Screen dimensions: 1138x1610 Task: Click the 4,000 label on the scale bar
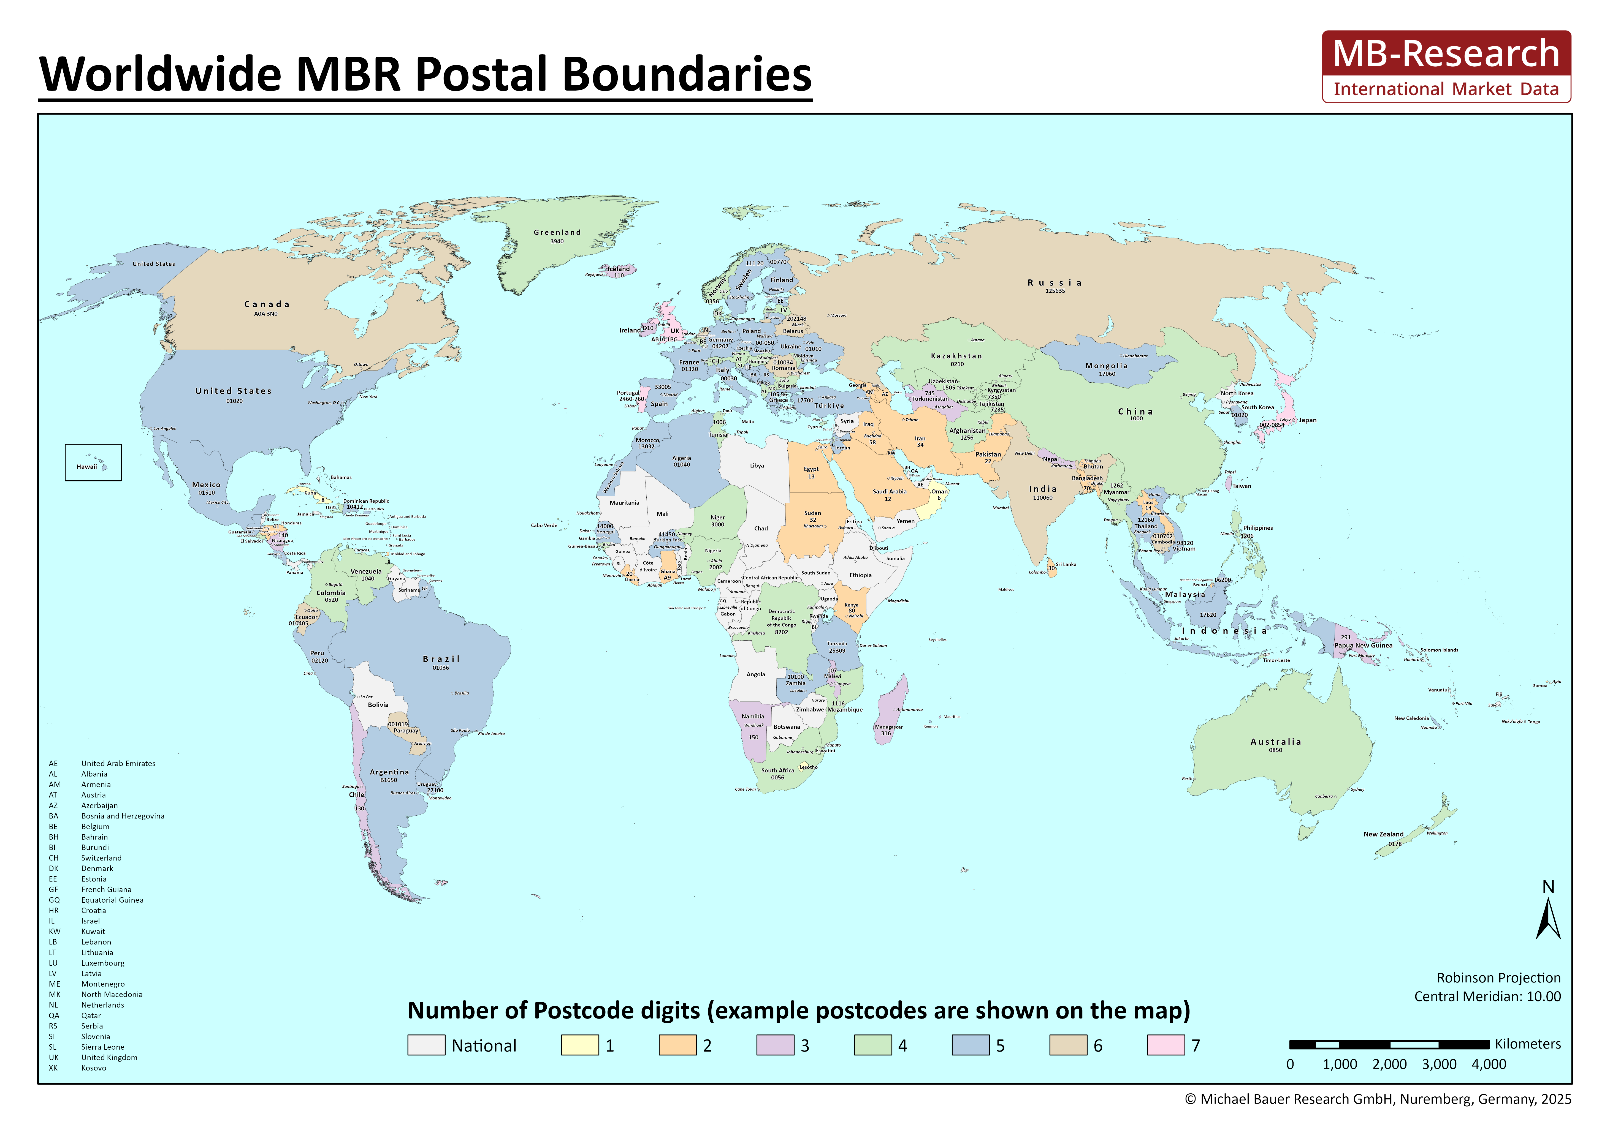click(1489, 1065)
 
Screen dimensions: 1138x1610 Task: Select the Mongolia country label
click(1107, 366)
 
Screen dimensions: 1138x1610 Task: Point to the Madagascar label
click(888, 727)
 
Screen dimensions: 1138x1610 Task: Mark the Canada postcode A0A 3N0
click(266, 314)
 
